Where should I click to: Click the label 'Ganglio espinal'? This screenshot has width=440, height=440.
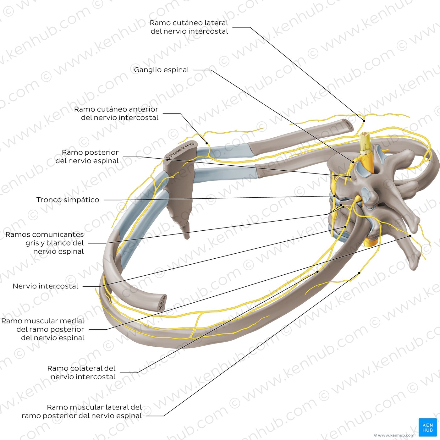(x=162, y=70)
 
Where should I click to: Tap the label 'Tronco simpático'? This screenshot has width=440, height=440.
(x=68, y=200)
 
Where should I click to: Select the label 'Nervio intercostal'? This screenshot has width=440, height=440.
(x=46, y=286)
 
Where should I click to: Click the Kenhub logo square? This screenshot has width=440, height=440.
(x=428, y=427)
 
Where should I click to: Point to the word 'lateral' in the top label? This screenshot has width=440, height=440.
(x=216, y=23)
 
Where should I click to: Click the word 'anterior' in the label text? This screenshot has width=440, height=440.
(x=144, y=109)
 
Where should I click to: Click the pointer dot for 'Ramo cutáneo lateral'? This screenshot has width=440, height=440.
(x=364, y=121)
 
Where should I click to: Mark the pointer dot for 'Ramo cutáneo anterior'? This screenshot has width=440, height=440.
(x=207, y=143)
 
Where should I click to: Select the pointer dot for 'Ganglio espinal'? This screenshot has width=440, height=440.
(x=353, y=162)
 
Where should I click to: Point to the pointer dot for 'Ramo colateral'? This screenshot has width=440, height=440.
(x=318, y=272)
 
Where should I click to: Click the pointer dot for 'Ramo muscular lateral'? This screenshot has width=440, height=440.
(x=359, y=273)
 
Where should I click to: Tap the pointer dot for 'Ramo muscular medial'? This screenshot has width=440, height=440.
(x=410, y=236)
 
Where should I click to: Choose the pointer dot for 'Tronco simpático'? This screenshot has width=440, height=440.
(x=334, y=196)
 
